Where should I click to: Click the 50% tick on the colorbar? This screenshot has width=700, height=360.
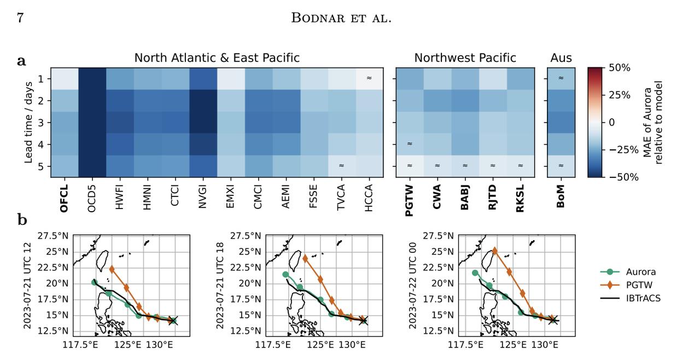tap(620, 68)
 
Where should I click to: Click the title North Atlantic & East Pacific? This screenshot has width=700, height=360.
tap(217, 58)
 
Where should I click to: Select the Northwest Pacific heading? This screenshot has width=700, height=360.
tap(465, 58)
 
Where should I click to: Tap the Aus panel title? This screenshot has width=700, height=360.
tap(561, 58)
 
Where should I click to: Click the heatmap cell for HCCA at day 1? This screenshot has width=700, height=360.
tap(369, 78)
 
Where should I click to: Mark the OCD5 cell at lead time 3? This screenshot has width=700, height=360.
tap(92, 122)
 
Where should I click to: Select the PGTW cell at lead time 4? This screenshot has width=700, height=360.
tap(410, 144)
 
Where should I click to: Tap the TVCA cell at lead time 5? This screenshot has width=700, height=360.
tap(341, 166)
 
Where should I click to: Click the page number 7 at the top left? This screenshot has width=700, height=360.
tap(20, 18)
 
